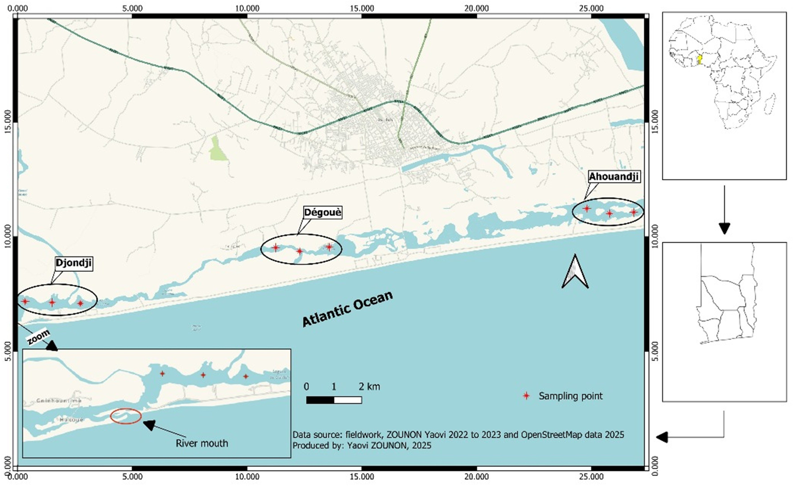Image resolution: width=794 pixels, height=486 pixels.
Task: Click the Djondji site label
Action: pos(74,263)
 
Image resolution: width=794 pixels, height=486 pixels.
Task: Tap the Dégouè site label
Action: pos(322,213)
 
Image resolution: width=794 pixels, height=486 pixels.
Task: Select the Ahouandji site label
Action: pos(614,177)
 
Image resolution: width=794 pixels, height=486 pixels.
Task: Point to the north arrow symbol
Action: pos(575,272)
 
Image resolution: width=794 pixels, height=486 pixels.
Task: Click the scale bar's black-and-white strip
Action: pos(334,400)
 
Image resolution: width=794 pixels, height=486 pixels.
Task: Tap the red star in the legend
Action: pos(526,396)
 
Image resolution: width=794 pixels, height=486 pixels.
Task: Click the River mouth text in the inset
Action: pos(202,443)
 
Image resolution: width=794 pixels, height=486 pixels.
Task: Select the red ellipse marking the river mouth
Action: pos(126,416)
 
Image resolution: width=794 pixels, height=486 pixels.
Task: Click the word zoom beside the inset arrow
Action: pos(38,337)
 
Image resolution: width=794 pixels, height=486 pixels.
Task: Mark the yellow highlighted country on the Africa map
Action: pos(700,60)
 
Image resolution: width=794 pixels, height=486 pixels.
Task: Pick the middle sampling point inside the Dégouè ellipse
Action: pos(299,251)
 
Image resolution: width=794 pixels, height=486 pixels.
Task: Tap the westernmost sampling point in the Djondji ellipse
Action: pos(25,302)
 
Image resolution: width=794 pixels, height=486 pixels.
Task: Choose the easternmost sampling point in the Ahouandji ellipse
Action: pos(634,212)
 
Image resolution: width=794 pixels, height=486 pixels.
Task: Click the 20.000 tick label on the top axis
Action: pos(476,8)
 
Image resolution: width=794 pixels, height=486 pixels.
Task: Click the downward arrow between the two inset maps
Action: pos(724,209)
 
